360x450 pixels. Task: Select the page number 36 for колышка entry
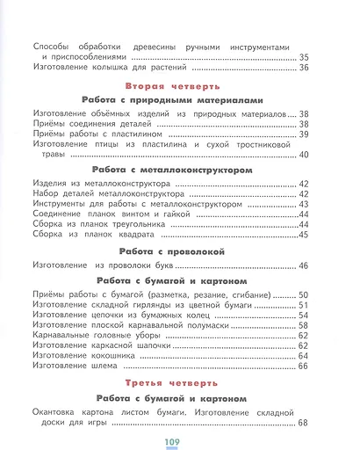tap(304, 68)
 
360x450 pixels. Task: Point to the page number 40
tap(304, 155)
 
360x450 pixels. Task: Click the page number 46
tap(304, 265)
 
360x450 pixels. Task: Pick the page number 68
tap(304, 424)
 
